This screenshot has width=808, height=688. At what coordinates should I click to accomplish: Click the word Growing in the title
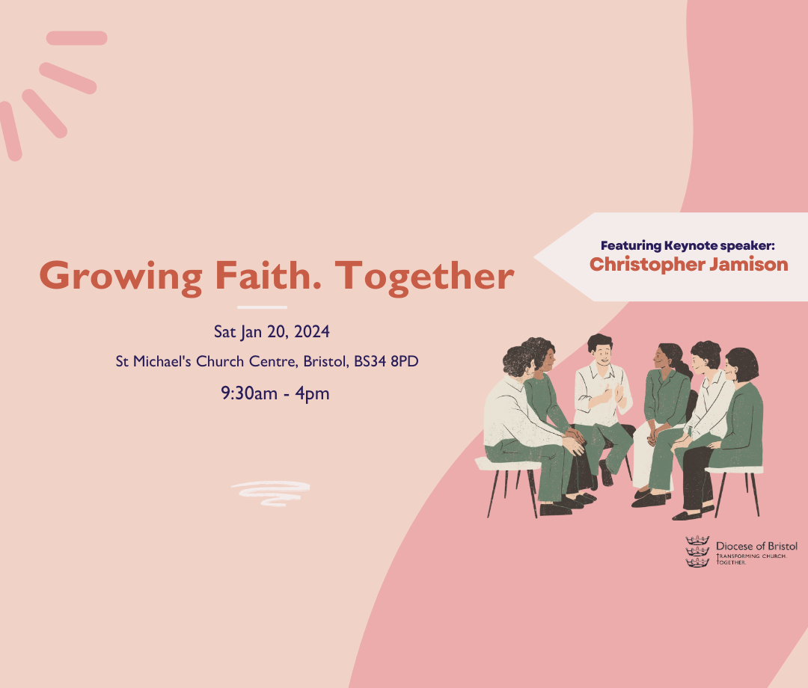pyautogui.click(x=121, y=277)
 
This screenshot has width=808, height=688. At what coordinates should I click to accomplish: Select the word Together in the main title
pyautogui.click(x=425, y=277)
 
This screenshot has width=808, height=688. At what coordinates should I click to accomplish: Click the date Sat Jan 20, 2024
pyautogui.click(x=272, y=331)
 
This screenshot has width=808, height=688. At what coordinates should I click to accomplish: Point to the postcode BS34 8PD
pyautogui.click(x=386, y=361)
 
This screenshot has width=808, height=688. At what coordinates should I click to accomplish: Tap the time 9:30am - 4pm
pyautogui.click(x=275, y=393)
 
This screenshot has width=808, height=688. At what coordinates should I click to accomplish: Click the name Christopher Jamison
pyautogui.click(x=689, y=265)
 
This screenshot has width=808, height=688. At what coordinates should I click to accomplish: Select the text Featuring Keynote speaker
pyautogui.click(x=688, y=245)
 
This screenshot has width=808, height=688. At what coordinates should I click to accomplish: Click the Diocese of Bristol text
pyautogui.click(x=756, y=546)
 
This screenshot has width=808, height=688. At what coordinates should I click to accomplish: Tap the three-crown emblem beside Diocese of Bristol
pyautogui.click(x=697, y=552)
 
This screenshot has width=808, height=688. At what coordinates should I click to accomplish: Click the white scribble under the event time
pyautogui.click(x=271, y=494)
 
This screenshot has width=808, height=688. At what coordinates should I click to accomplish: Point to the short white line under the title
pyautogui.click(x=263, y=307)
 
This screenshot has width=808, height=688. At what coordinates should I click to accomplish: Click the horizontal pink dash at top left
pyautogui.click(x=77, y=38)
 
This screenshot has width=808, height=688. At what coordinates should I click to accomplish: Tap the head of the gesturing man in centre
pyautogui.click(x=600, y=348)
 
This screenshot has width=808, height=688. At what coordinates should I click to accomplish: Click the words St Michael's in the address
pyautogui.click(x=153, y=361)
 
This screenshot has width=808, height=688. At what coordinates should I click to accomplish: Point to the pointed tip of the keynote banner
pyautogui.click(x=534, y=257)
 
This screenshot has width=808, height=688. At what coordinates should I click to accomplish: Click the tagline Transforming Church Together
pyautogui.click(x=751, y=559)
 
